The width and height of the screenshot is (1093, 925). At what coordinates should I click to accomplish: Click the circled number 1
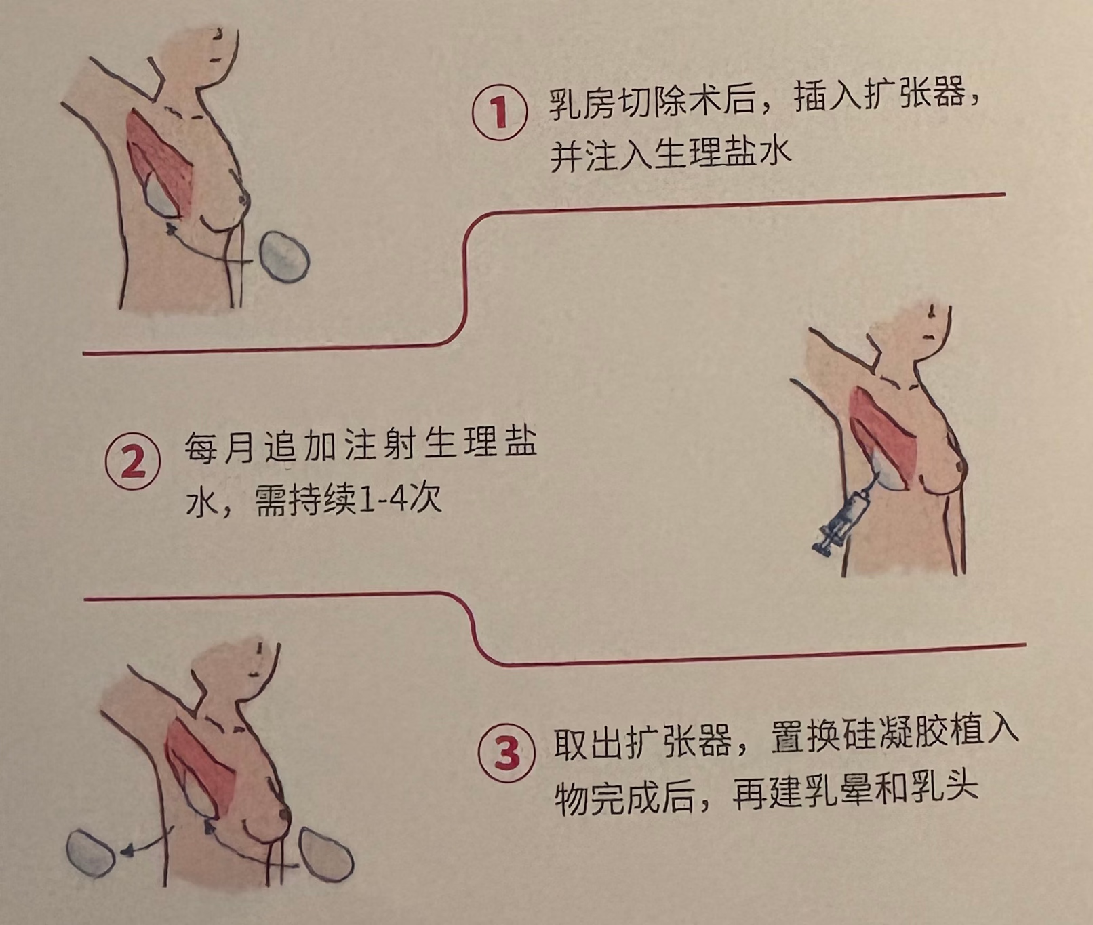[x=500, y=112]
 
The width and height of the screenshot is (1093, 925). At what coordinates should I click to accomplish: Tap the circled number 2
[x=133, y=463]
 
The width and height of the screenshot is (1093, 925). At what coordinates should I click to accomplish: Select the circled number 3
[x=506, y=754]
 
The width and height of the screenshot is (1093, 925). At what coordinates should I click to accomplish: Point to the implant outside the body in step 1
[x=285, y=256]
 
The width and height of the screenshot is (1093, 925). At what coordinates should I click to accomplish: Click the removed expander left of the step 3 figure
[x=91, y=852]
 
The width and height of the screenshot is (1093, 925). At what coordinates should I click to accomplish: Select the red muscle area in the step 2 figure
[x=883, y=434]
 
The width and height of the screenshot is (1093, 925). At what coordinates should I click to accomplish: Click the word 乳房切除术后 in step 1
[x=652, y=102]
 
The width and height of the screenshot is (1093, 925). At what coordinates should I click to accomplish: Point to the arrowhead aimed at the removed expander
[x=126, y=851]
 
